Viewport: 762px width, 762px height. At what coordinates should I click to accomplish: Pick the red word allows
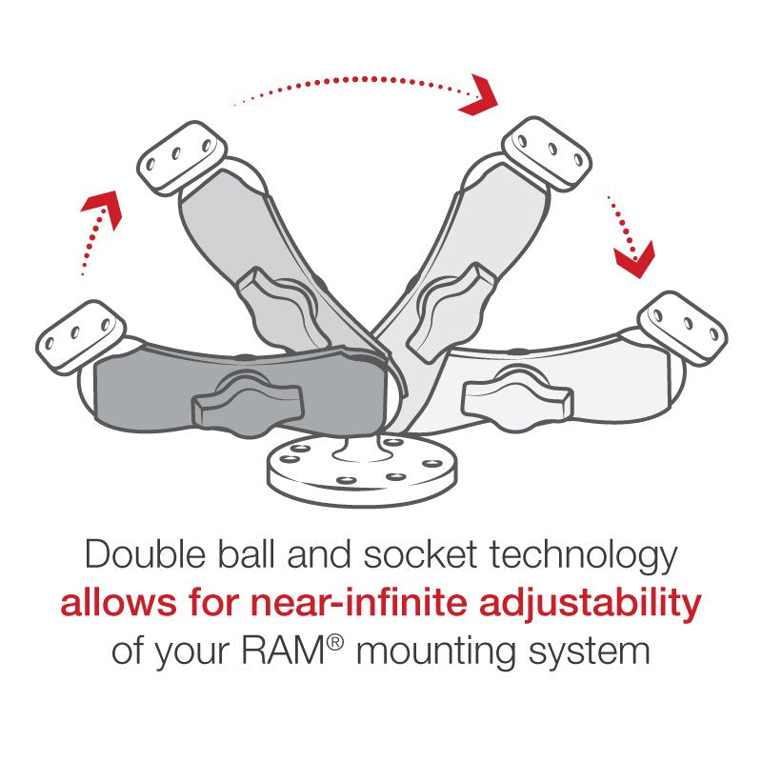pos(112,603)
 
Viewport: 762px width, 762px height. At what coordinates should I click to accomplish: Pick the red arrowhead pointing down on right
pos(633,255)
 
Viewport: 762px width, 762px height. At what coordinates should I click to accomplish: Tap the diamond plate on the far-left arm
pos(80,334)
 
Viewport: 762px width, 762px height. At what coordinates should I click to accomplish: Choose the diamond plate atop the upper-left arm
pos(180,157)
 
